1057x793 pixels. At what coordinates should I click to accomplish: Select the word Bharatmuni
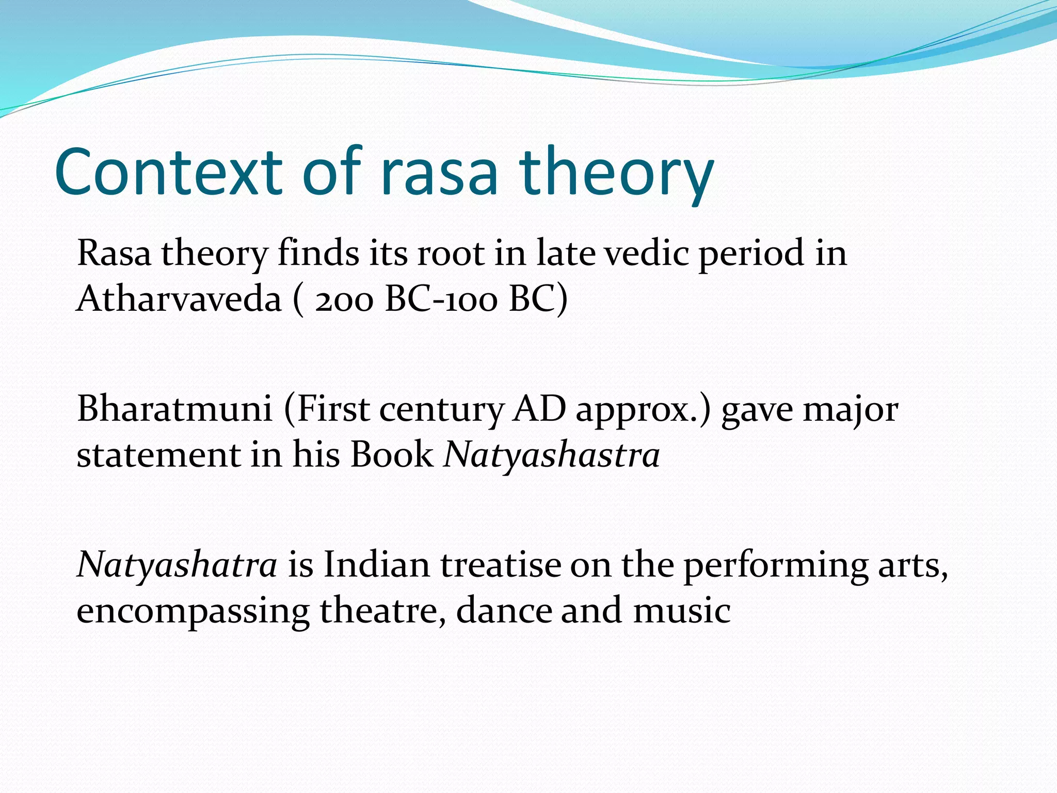(x=174, y=409)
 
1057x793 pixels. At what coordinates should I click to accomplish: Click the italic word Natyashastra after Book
(x=552, y=455)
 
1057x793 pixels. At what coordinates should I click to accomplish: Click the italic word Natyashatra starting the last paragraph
(x=177, y=565)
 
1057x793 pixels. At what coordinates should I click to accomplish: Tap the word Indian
(x=377, y=565)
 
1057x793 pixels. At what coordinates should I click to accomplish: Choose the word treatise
(x=500, y=565)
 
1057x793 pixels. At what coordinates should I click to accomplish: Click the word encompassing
(x=193, y=611)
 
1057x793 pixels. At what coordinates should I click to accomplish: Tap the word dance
(x=503, y=610)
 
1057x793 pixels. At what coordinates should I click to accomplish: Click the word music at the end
(x=682, y=610)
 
